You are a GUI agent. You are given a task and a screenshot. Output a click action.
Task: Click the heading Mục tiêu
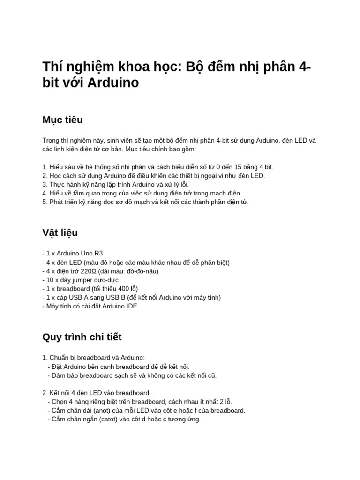(x=62, y=120)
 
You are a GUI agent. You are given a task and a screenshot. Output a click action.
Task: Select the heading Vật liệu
(x=60, y=233)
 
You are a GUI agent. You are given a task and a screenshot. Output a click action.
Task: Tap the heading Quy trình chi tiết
(x=82, y=337)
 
